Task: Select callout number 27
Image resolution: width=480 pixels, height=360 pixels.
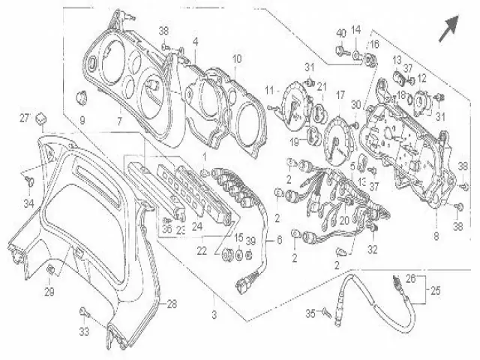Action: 24,118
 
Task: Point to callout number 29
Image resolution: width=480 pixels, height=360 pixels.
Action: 49,291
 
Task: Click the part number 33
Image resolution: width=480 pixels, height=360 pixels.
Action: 83,330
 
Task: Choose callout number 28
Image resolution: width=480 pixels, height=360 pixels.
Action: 171,304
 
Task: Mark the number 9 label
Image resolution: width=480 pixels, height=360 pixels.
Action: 82,120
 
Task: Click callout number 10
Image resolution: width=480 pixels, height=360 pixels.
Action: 236,58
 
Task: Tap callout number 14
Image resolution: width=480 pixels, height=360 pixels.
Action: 357,29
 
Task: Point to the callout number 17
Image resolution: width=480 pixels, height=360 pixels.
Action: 340,95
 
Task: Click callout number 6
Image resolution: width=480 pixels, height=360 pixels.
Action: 279,241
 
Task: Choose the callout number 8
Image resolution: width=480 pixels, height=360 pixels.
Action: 436,236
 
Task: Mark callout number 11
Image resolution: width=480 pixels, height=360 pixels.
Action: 268,90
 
